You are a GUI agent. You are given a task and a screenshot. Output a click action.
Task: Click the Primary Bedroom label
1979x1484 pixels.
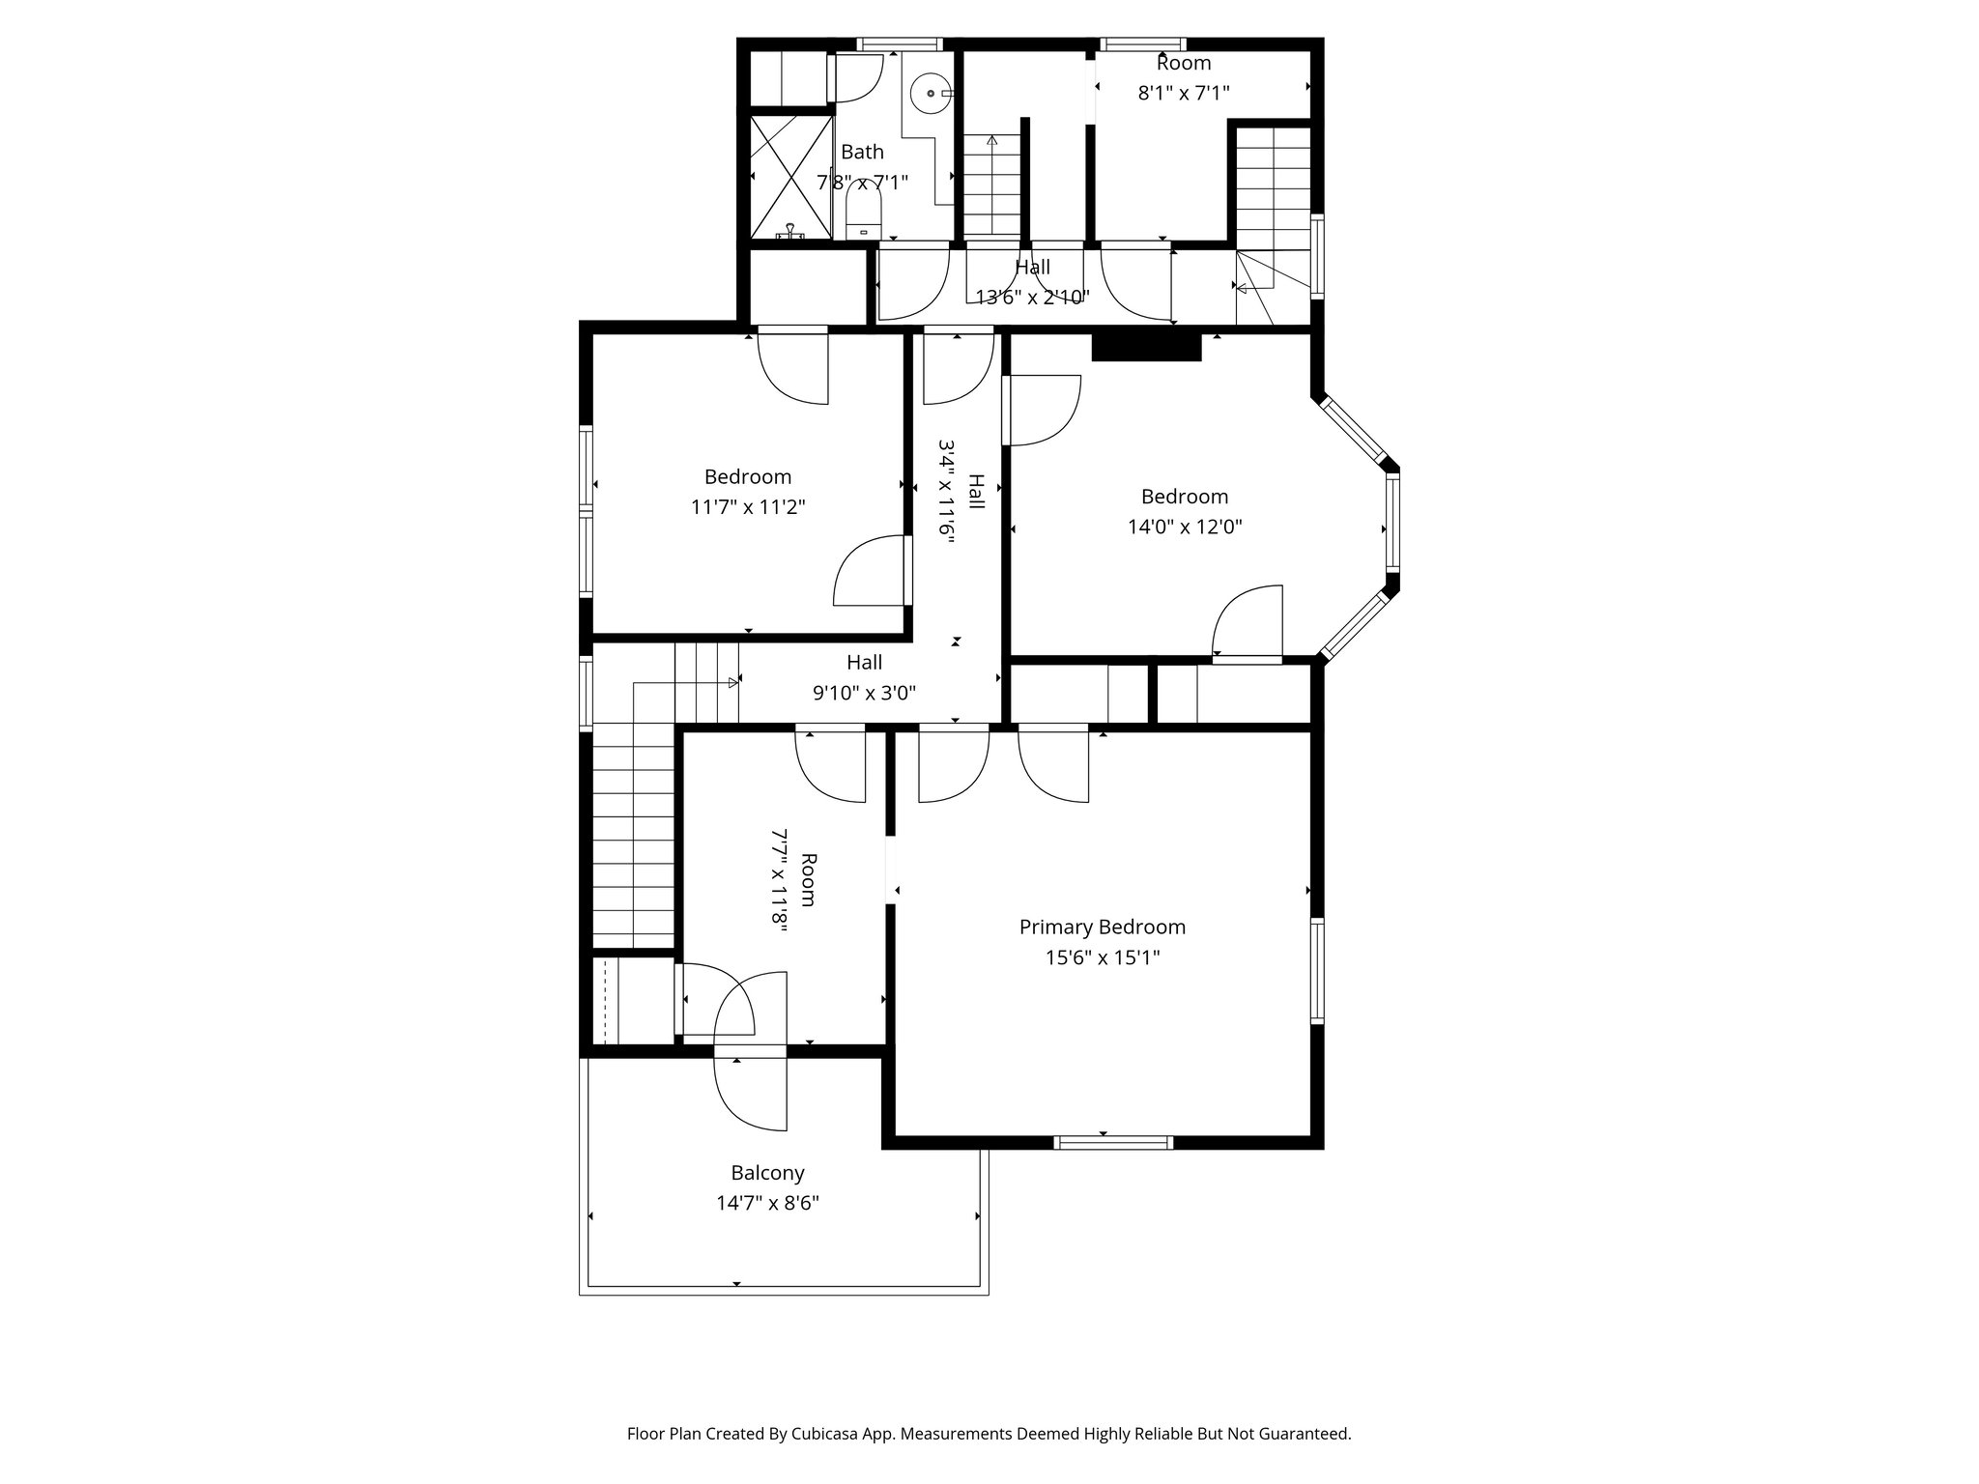[1102, 927]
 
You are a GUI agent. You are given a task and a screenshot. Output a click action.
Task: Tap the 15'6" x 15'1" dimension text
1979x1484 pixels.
[1102, 957]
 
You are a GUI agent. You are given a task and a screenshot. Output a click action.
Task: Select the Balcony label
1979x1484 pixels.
[767, 1173]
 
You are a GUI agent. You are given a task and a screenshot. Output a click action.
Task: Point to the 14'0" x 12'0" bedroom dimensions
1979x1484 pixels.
[1184, 527]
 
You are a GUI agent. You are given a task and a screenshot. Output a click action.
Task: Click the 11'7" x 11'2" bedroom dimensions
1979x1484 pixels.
[748, 507]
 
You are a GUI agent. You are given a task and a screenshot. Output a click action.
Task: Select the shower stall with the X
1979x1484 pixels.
[791, 177]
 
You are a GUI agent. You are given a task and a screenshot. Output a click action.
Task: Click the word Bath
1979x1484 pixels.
[862, 152]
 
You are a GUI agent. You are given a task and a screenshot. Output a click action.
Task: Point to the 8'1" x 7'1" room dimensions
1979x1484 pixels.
[1183, 94]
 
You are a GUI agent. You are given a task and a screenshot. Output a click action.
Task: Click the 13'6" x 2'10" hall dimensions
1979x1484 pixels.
[1032, 298]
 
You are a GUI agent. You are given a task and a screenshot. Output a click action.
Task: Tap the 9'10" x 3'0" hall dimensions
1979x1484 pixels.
[864, 693]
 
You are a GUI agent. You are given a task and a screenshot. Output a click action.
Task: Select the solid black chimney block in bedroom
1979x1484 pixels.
[1146, 347]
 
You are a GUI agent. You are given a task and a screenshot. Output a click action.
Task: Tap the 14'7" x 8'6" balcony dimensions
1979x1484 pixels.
[767, 1204]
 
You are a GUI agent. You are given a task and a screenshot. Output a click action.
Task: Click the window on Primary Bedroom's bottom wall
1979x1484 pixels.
[1113, 1142]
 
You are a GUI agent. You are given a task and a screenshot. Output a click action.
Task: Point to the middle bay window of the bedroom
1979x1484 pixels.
[1392, 523]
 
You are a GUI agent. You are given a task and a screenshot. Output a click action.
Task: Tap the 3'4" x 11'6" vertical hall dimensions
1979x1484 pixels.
[947, 493]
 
